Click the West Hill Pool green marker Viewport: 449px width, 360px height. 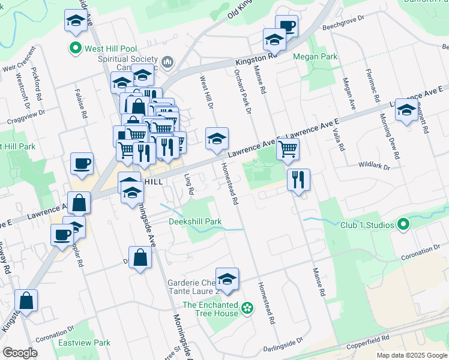(x=76, y=49)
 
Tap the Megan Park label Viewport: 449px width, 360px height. (x=314, y=56)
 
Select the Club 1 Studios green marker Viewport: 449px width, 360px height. (x=403, y=225)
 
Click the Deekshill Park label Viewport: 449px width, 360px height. (x=195, y=221)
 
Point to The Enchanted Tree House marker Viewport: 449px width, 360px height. (x=246, y=309)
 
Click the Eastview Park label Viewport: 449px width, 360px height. (x=85, y=343)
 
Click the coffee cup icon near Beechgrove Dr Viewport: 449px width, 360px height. (x=287, y=26)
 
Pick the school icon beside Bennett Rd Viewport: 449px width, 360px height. (x=407, y=110)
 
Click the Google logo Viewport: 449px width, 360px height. (x=20, y=353)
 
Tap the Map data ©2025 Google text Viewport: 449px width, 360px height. (x=411, y=355)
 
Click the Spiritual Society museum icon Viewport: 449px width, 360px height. (x=167, y=61)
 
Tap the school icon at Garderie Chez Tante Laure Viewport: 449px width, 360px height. (x=227, y=279)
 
